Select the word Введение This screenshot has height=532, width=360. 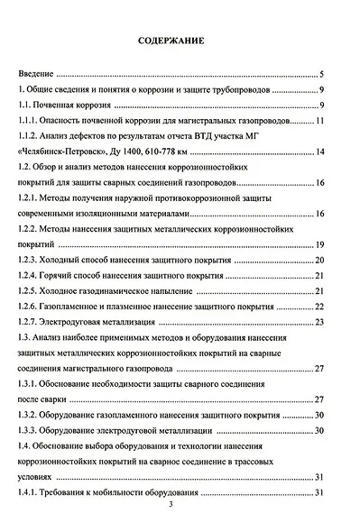tap(37, 74)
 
